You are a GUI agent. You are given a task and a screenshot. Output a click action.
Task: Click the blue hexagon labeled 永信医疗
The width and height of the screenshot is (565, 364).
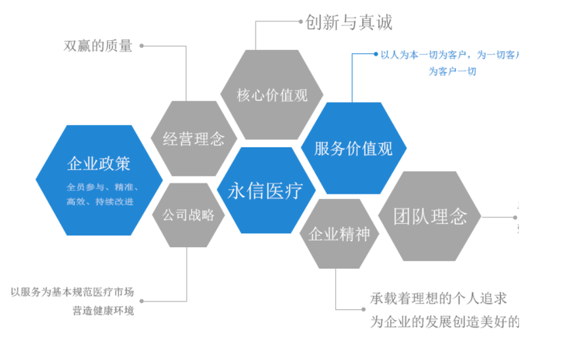tap(265, 191)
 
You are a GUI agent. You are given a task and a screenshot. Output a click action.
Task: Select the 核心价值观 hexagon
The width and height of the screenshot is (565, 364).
tap(272, 95)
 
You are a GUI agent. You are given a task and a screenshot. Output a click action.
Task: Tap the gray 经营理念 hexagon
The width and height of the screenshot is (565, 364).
tap(193, 139)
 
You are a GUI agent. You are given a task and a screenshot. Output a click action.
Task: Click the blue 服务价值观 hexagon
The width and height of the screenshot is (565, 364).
tap(353, 148)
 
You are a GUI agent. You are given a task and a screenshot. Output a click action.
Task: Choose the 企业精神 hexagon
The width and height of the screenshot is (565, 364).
tap(339, 234)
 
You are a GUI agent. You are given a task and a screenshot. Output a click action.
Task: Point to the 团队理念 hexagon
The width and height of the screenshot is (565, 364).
tap(430, 216)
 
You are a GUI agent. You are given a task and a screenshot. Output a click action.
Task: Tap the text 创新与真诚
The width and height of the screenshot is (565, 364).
tap(348, 22)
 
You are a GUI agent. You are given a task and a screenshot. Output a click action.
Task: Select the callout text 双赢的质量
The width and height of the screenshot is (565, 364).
tap(98, 46)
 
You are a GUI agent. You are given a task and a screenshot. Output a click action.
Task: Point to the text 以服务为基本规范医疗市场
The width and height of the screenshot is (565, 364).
tap(72, 292)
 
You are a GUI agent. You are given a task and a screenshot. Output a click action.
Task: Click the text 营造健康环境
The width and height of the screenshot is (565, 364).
tap(103, 310)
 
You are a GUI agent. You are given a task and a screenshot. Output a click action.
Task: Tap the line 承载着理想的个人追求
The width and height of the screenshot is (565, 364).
tap(438, 300)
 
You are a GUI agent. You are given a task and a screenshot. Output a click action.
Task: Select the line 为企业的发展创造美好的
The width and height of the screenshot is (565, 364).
tap(443, 322)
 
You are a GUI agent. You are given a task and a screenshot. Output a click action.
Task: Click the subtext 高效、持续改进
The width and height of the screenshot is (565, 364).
tap(99, 201)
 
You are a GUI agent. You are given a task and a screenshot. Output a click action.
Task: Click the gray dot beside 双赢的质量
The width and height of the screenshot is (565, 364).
tap(142, 46)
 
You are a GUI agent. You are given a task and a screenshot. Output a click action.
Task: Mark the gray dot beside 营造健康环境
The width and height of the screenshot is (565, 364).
tap(142, 302)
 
